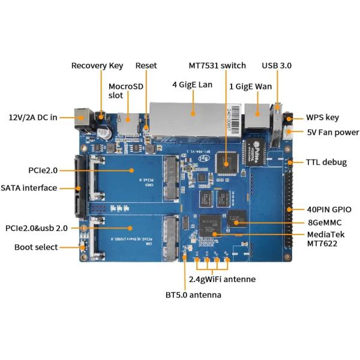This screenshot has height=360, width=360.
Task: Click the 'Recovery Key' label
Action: click(97, 65)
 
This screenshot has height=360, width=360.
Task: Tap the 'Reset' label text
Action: click(146, 65)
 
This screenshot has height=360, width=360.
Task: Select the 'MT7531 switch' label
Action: click(217, 65)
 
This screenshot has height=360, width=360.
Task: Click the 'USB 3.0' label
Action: click(277, 65)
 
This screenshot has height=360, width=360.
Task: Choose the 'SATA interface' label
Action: click(29, 188)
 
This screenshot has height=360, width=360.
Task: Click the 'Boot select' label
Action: click(36, 247)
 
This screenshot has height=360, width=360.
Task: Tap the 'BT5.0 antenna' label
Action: click(193, 295)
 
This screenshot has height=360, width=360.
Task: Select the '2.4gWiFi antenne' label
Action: click(222, 279)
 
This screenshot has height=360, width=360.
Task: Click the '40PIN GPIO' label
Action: click(328, 209)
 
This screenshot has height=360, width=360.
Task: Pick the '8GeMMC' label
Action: click(324, 223)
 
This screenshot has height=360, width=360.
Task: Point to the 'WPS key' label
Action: click(323, 118)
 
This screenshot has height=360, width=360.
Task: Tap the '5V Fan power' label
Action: click(332, 133)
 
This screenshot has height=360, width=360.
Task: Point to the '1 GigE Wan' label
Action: click(250, 86)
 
